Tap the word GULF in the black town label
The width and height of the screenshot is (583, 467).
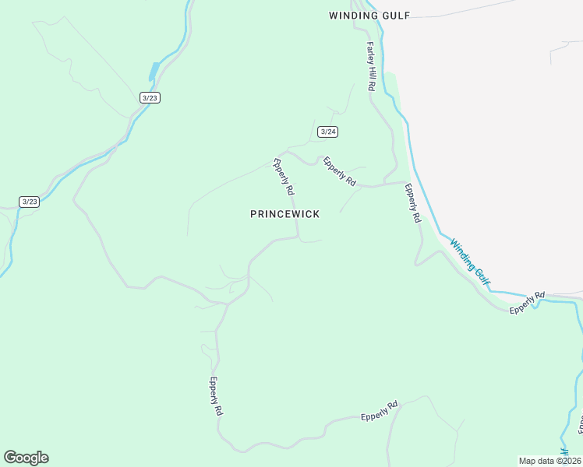(397, 15)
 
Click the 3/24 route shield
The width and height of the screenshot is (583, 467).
(328, 132)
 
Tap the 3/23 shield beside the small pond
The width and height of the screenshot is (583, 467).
(150, 97)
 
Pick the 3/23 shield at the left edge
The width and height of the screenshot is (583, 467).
(29, 202)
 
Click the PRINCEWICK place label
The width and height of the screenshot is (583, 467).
(284, 214)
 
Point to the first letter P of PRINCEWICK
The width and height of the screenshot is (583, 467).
(253, 214)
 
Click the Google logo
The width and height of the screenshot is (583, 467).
(26, 458)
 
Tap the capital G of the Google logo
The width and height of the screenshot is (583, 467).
(10, 458)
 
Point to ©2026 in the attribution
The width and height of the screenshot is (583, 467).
(567, 461)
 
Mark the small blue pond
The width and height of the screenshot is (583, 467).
(154, 72)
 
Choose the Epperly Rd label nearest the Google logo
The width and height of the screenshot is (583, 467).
(216, 396)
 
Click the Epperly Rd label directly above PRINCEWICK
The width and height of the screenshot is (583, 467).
(282, 177)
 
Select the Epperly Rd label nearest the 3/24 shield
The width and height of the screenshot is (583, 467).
(340, 172)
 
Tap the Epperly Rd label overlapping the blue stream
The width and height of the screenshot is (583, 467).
(528, 304)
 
